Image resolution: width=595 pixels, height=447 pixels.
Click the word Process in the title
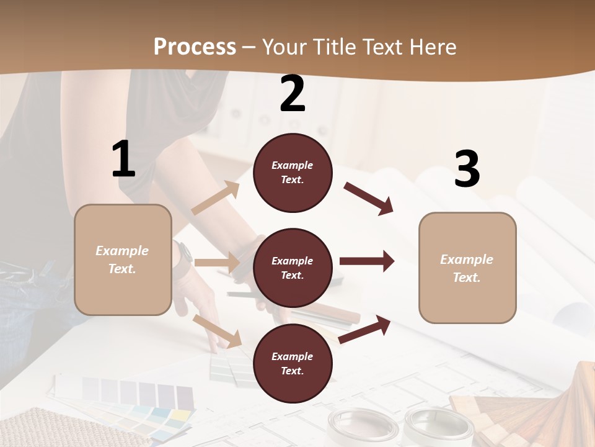(195, 47)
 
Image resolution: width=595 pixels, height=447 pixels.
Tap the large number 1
(123, 160)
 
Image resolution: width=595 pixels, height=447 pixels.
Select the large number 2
(293, 94)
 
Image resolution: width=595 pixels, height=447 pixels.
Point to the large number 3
(467, 169)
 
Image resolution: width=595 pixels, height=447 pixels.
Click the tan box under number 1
(123, 260)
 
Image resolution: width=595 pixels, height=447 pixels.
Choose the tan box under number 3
(467, 268)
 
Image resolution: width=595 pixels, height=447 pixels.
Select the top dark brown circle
(293, 173)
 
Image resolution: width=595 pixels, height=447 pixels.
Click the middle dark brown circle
(293, 268)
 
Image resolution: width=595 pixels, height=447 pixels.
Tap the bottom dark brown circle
(293, 363)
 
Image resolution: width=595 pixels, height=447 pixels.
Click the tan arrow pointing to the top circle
(216, 199)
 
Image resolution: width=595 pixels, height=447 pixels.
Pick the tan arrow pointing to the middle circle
(217, 263)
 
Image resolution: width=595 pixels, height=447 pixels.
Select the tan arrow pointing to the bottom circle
(218, 331)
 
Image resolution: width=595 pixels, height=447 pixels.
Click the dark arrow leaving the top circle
(368, 199)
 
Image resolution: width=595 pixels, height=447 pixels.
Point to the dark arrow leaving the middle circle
(366, 261)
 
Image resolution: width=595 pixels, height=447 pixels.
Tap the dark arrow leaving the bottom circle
(364, 329)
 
